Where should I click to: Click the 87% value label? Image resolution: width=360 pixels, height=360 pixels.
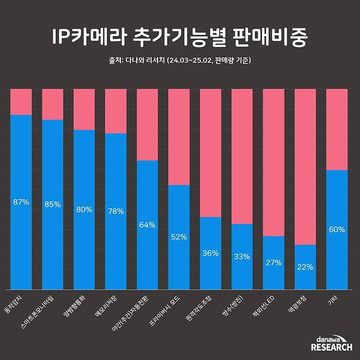coord(21,202)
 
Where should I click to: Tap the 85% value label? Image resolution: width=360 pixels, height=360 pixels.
coord(53,205)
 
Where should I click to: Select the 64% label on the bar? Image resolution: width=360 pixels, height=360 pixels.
coord(147,225)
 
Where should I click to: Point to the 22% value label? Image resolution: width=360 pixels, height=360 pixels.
coord(305,267)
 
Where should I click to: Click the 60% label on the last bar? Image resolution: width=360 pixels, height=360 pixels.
coord(336,230)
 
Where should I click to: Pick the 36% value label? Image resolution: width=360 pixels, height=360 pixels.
coord(210,253)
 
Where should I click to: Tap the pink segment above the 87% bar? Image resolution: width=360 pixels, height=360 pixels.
coord(21,101)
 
